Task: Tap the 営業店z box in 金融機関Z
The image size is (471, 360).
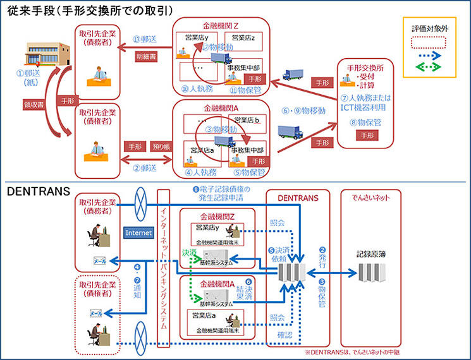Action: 243,38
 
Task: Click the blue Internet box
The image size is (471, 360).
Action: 138,233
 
